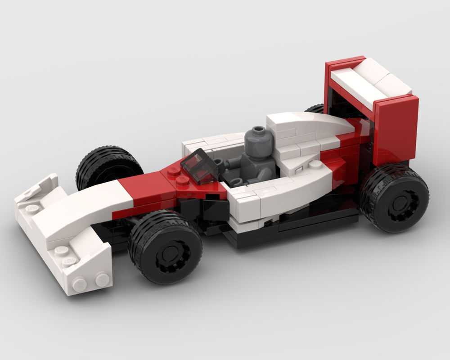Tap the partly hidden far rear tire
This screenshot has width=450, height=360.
pyautogui.click(x=315, y=108)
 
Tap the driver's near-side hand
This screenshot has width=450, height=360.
pyautogui.click(x=238, y=182)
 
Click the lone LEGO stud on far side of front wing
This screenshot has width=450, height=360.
pyautogui.click(x=31, y=208)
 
